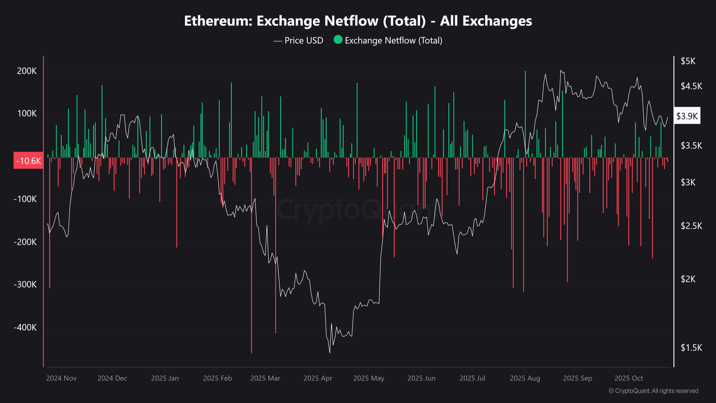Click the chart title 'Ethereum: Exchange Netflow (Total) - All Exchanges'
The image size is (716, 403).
[x=358, y=21]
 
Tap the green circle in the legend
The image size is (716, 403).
[x=338, y=40]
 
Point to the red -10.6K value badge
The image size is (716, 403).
[x=29, y=161]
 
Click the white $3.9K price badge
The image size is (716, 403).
[x=687, y=116]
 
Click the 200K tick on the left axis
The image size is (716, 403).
[x=27, y=71]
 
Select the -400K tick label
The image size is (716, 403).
[x=25, y=327]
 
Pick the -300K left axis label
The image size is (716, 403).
[x=25, y=285]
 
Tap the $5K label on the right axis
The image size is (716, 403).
[x=688, y=61]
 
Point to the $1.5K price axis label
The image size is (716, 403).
[x=691, y=348]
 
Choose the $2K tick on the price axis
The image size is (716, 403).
[x=688, y=279]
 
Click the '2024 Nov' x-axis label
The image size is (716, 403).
[x=61, y=378]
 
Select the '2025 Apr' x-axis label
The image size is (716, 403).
[x=318, y=378]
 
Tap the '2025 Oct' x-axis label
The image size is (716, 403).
[x=628, y=378]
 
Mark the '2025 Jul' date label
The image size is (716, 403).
[x=472, y=378]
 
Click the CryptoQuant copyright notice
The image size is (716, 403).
[x=653, y=391]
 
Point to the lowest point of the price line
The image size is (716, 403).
[x=330, y=353]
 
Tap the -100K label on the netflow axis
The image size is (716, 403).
[x=25, y=199]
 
